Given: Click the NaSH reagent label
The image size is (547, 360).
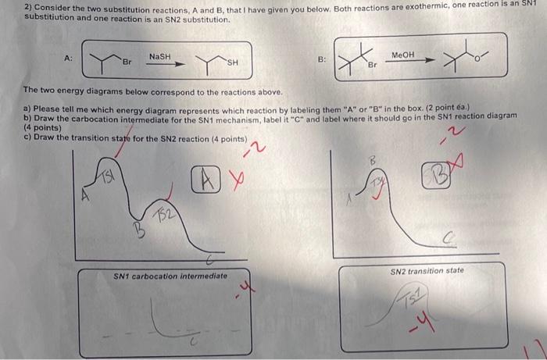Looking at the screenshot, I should click(159, 57).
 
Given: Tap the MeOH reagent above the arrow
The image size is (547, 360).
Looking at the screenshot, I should click(402, 55).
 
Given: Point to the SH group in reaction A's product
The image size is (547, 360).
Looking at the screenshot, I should click(233, 62).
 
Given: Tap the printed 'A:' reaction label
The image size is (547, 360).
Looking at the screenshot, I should click(69, 58).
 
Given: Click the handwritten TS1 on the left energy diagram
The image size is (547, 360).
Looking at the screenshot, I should click(106, 178).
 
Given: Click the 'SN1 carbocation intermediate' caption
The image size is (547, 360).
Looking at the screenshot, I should click(170, 276).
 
